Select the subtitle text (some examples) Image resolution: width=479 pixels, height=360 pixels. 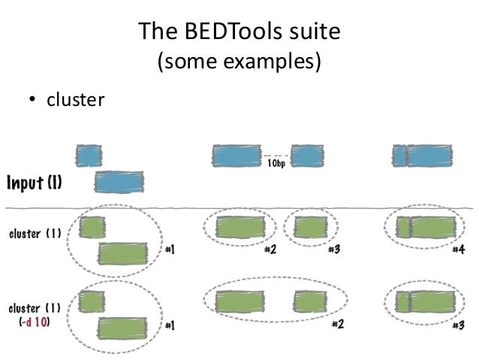(239, 62)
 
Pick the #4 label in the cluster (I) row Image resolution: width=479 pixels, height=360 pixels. (457, 250)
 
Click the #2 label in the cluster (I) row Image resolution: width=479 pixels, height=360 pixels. (270, 250)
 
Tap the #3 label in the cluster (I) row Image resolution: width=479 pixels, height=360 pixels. (334, 250)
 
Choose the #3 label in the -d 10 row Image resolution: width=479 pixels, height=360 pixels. (457, 325)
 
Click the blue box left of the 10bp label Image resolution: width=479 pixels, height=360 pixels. (236, 156)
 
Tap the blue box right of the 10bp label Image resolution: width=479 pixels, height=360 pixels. (307, 156)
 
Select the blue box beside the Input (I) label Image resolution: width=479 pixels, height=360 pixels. (119, 182)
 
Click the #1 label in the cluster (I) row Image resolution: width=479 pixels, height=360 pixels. (170, 250)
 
